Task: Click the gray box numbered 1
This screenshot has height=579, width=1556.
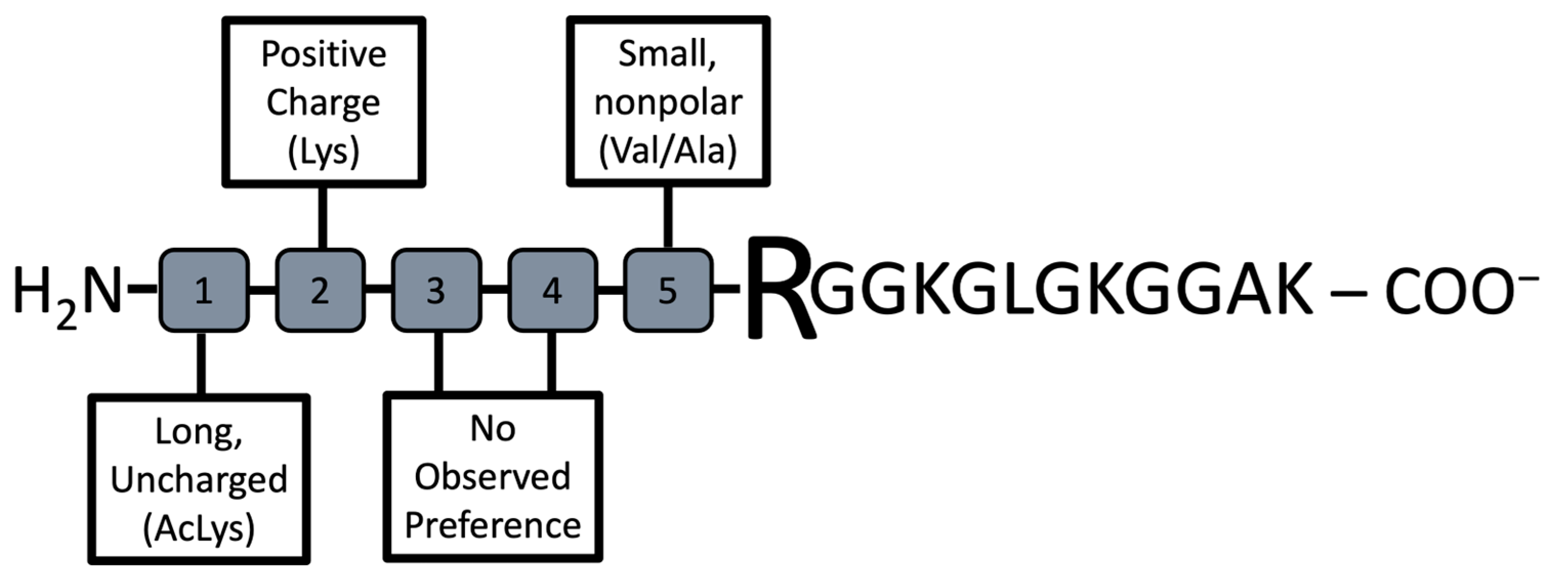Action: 203,290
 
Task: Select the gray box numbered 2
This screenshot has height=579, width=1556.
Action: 320,290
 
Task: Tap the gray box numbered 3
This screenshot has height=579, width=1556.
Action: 436,290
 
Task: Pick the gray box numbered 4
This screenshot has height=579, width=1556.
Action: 552,290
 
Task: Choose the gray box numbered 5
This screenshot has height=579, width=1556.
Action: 667,290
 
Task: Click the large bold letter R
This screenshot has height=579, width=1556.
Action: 779,290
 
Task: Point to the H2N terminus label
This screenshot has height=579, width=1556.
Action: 67,293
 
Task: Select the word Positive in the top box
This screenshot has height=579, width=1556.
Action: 324,54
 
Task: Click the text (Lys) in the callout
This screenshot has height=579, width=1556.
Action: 324,151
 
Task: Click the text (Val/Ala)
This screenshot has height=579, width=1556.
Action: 667,151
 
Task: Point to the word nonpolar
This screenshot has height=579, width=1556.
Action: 667,102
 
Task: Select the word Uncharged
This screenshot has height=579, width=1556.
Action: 199,481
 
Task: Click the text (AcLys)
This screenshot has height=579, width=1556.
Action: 199,529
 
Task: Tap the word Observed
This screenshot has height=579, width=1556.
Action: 492,477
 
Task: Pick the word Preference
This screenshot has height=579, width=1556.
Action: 492,525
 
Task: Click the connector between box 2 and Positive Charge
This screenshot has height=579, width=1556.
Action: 323,218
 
